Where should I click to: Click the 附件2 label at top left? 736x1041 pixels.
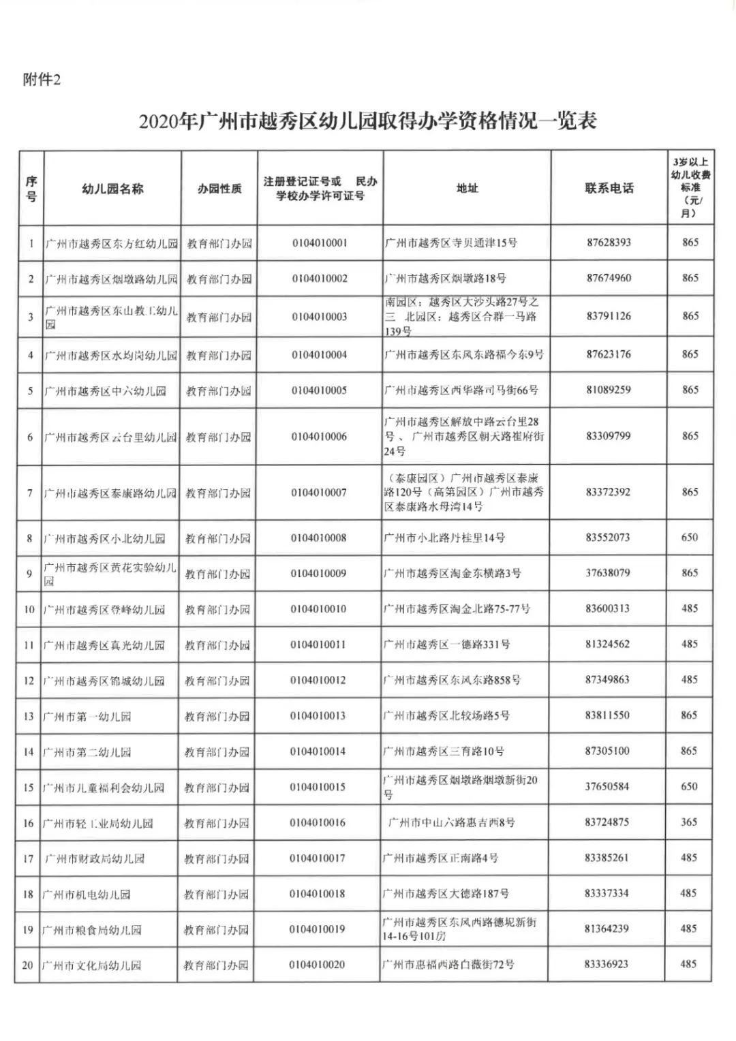coord(42,80)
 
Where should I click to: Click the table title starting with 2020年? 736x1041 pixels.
coord(368,122)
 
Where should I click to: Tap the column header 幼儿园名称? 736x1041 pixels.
coord(112,189)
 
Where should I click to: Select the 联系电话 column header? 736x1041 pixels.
coord(609,188)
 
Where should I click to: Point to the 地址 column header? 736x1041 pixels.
coord(467,188)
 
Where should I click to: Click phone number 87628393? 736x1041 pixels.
coord(609,243)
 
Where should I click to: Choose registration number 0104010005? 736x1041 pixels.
coord(319,390)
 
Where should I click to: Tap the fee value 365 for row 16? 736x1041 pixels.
coord(689,822)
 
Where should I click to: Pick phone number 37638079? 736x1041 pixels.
coord(607,573)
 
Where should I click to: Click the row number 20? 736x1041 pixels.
coord(28,965)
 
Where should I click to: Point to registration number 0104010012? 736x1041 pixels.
coord(318,680)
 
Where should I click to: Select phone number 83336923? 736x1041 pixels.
coord(607,964)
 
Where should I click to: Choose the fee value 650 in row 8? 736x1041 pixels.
coord(690,538)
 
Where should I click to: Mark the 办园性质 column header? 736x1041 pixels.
coord(219,189)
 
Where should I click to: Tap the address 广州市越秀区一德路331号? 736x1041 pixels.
coord(446,644)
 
